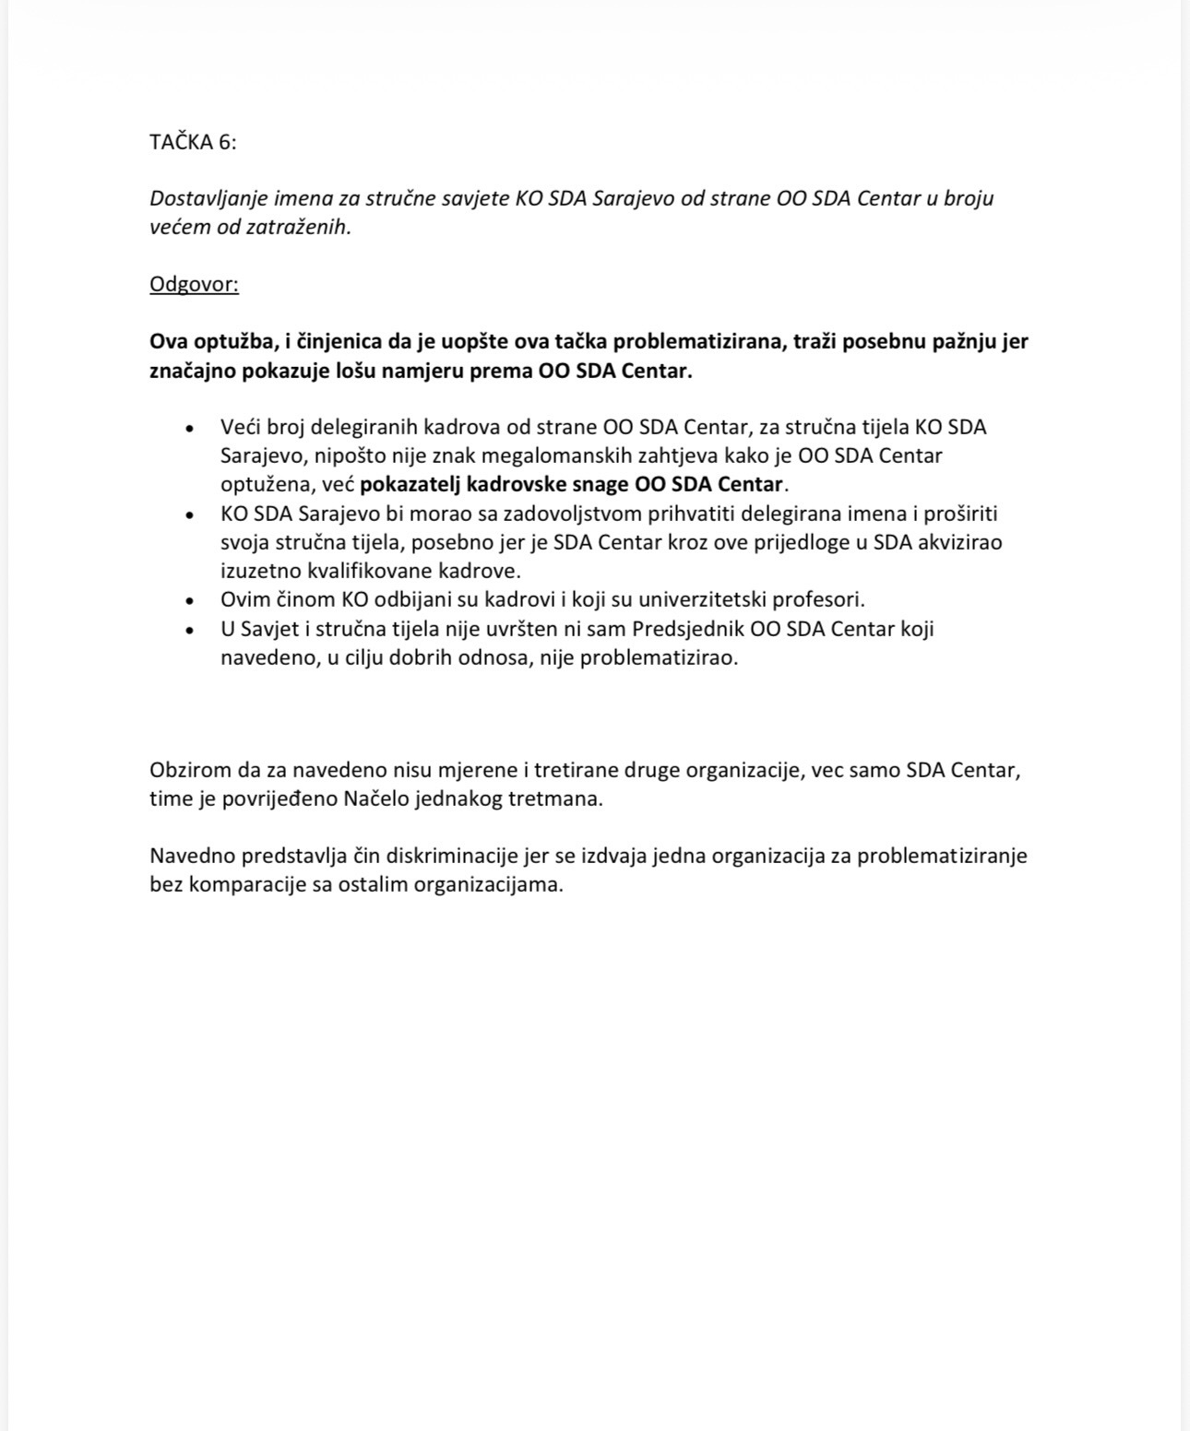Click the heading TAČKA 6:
(x=193, y=142)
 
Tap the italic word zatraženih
(x=304, y=227)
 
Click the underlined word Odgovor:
(x=194, y=284)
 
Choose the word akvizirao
(x=959, y=542)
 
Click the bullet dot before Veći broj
(x=189, y=429)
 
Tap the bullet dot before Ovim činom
(x=189, y=601)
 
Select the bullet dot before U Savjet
(x=189, y=631)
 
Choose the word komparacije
(x=253, y=884)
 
